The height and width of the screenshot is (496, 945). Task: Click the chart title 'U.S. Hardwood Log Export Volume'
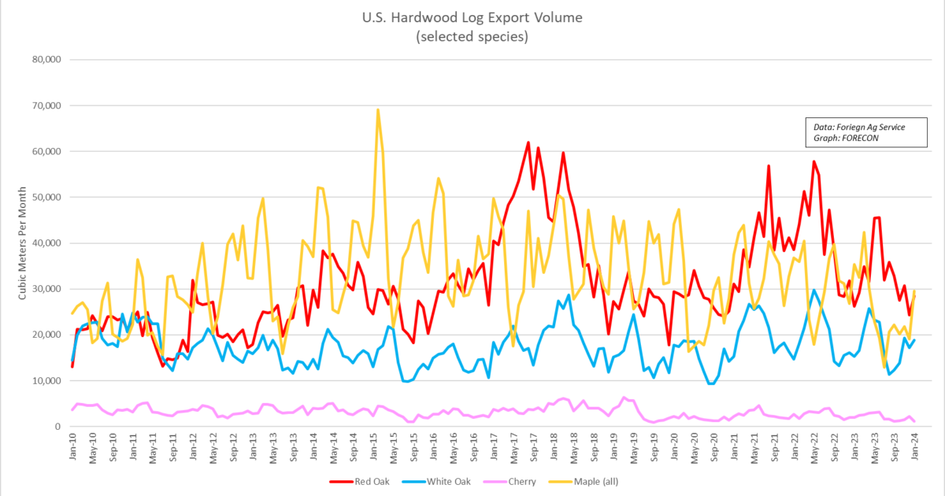click(472, 17)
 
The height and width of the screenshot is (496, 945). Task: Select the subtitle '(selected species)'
click(472, 36)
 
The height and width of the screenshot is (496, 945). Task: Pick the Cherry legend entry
click(516, 480)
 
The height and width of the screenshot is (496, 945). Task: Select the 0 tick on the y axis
click(57, 427)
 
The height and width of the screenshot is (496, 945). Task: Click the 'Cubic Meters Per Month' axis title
click(24, 243)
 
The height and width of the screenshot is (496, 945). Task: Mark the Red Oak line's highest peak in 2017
click(528, 143)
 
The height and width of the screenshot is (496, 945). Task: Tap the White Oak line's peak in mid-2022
click(814, 291)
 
